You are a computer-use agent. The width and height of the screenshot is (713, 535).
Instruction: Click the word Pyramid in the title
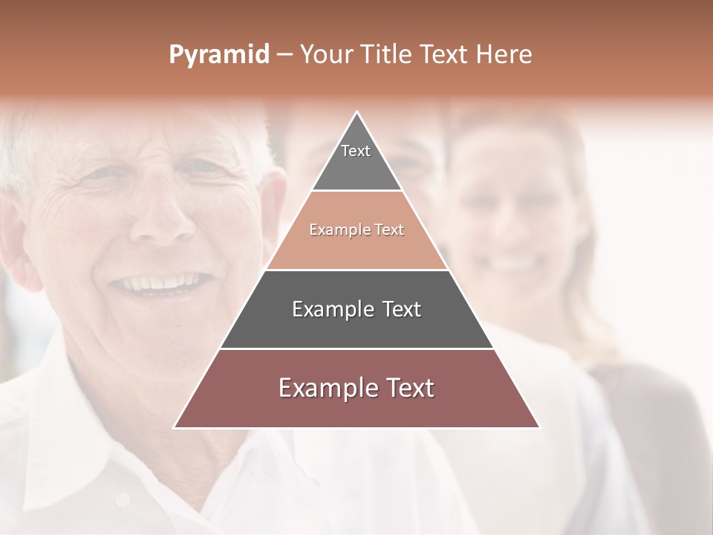tap(219, 55)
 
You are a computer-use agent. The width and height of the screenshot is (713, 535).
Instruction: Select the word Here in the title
tap(504, 55)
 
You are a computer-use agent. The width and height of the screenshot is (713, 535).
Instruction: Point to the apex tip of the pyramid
tap(356, 114)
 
